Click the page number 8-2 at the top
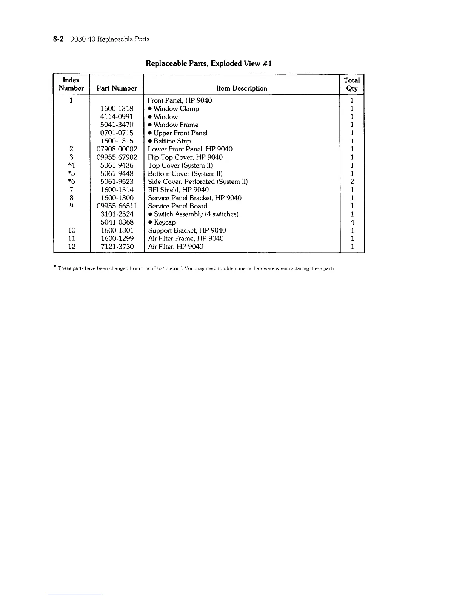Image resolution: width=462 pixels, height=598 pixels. pos(59,39)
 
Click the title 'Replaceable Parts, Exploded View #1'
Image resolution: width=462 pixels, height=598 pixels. pos(209,63)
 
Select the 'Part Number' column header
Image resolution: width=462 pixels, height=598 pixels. pos(117,88)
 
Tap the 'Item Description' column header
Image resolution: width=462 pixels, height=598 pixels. pos(242,88)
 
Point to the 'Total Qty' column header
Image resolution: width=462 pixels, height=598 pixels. pos(352,84)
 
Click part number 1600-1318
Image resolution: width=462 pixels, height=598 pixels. pos(117,109)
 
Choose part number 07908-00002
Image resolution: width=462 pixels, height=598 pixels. pos(117,149)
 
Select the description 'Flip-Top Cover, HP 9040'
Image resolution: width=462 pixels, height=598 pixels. pos(185,157)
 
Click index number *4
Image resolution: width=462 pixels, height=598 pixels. pos(71,165)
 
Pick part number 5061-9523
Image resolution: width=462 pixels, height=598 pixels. pos(117,182)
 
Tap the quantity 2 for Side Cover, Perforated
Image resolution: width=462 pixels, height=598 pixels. pos(352,182)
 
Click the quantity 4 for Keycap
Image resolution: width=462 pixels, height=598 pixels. pos(352,222)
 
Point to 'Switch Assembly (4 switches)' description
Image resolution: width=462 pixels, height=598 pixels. pos(196,214)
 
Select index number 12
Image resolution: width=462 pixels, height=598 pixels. pos(71,247)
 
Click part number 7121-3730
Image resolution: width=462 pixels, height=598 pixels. pos(117,247)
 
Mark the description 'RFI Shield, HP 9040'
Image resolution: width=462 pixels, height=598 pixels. pos(178,190)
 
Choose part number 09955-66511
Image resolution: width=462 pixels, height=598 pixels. pos(117,206)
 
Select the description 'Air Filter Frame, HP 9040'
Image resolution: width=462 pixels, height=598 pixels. pos(186,239)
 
